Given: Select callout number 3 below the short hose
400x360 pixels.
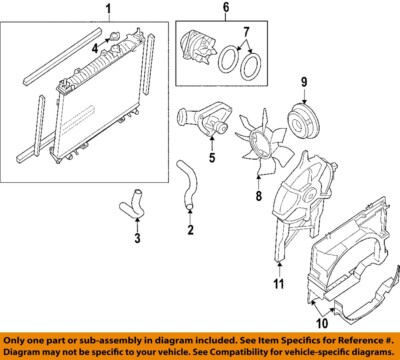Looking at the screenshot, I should click(138, 238).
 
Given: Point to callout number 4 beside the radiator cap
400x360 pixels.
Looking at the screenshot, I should click(96, 48).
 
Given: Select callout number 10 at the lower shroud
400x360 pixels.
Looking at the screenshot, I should click(323, 322).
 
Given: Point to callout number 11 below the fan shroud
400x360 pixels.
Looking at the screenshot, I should click(279, 285).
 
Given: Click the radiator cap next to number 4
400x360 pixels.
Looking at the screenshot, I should click(117, 42).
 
